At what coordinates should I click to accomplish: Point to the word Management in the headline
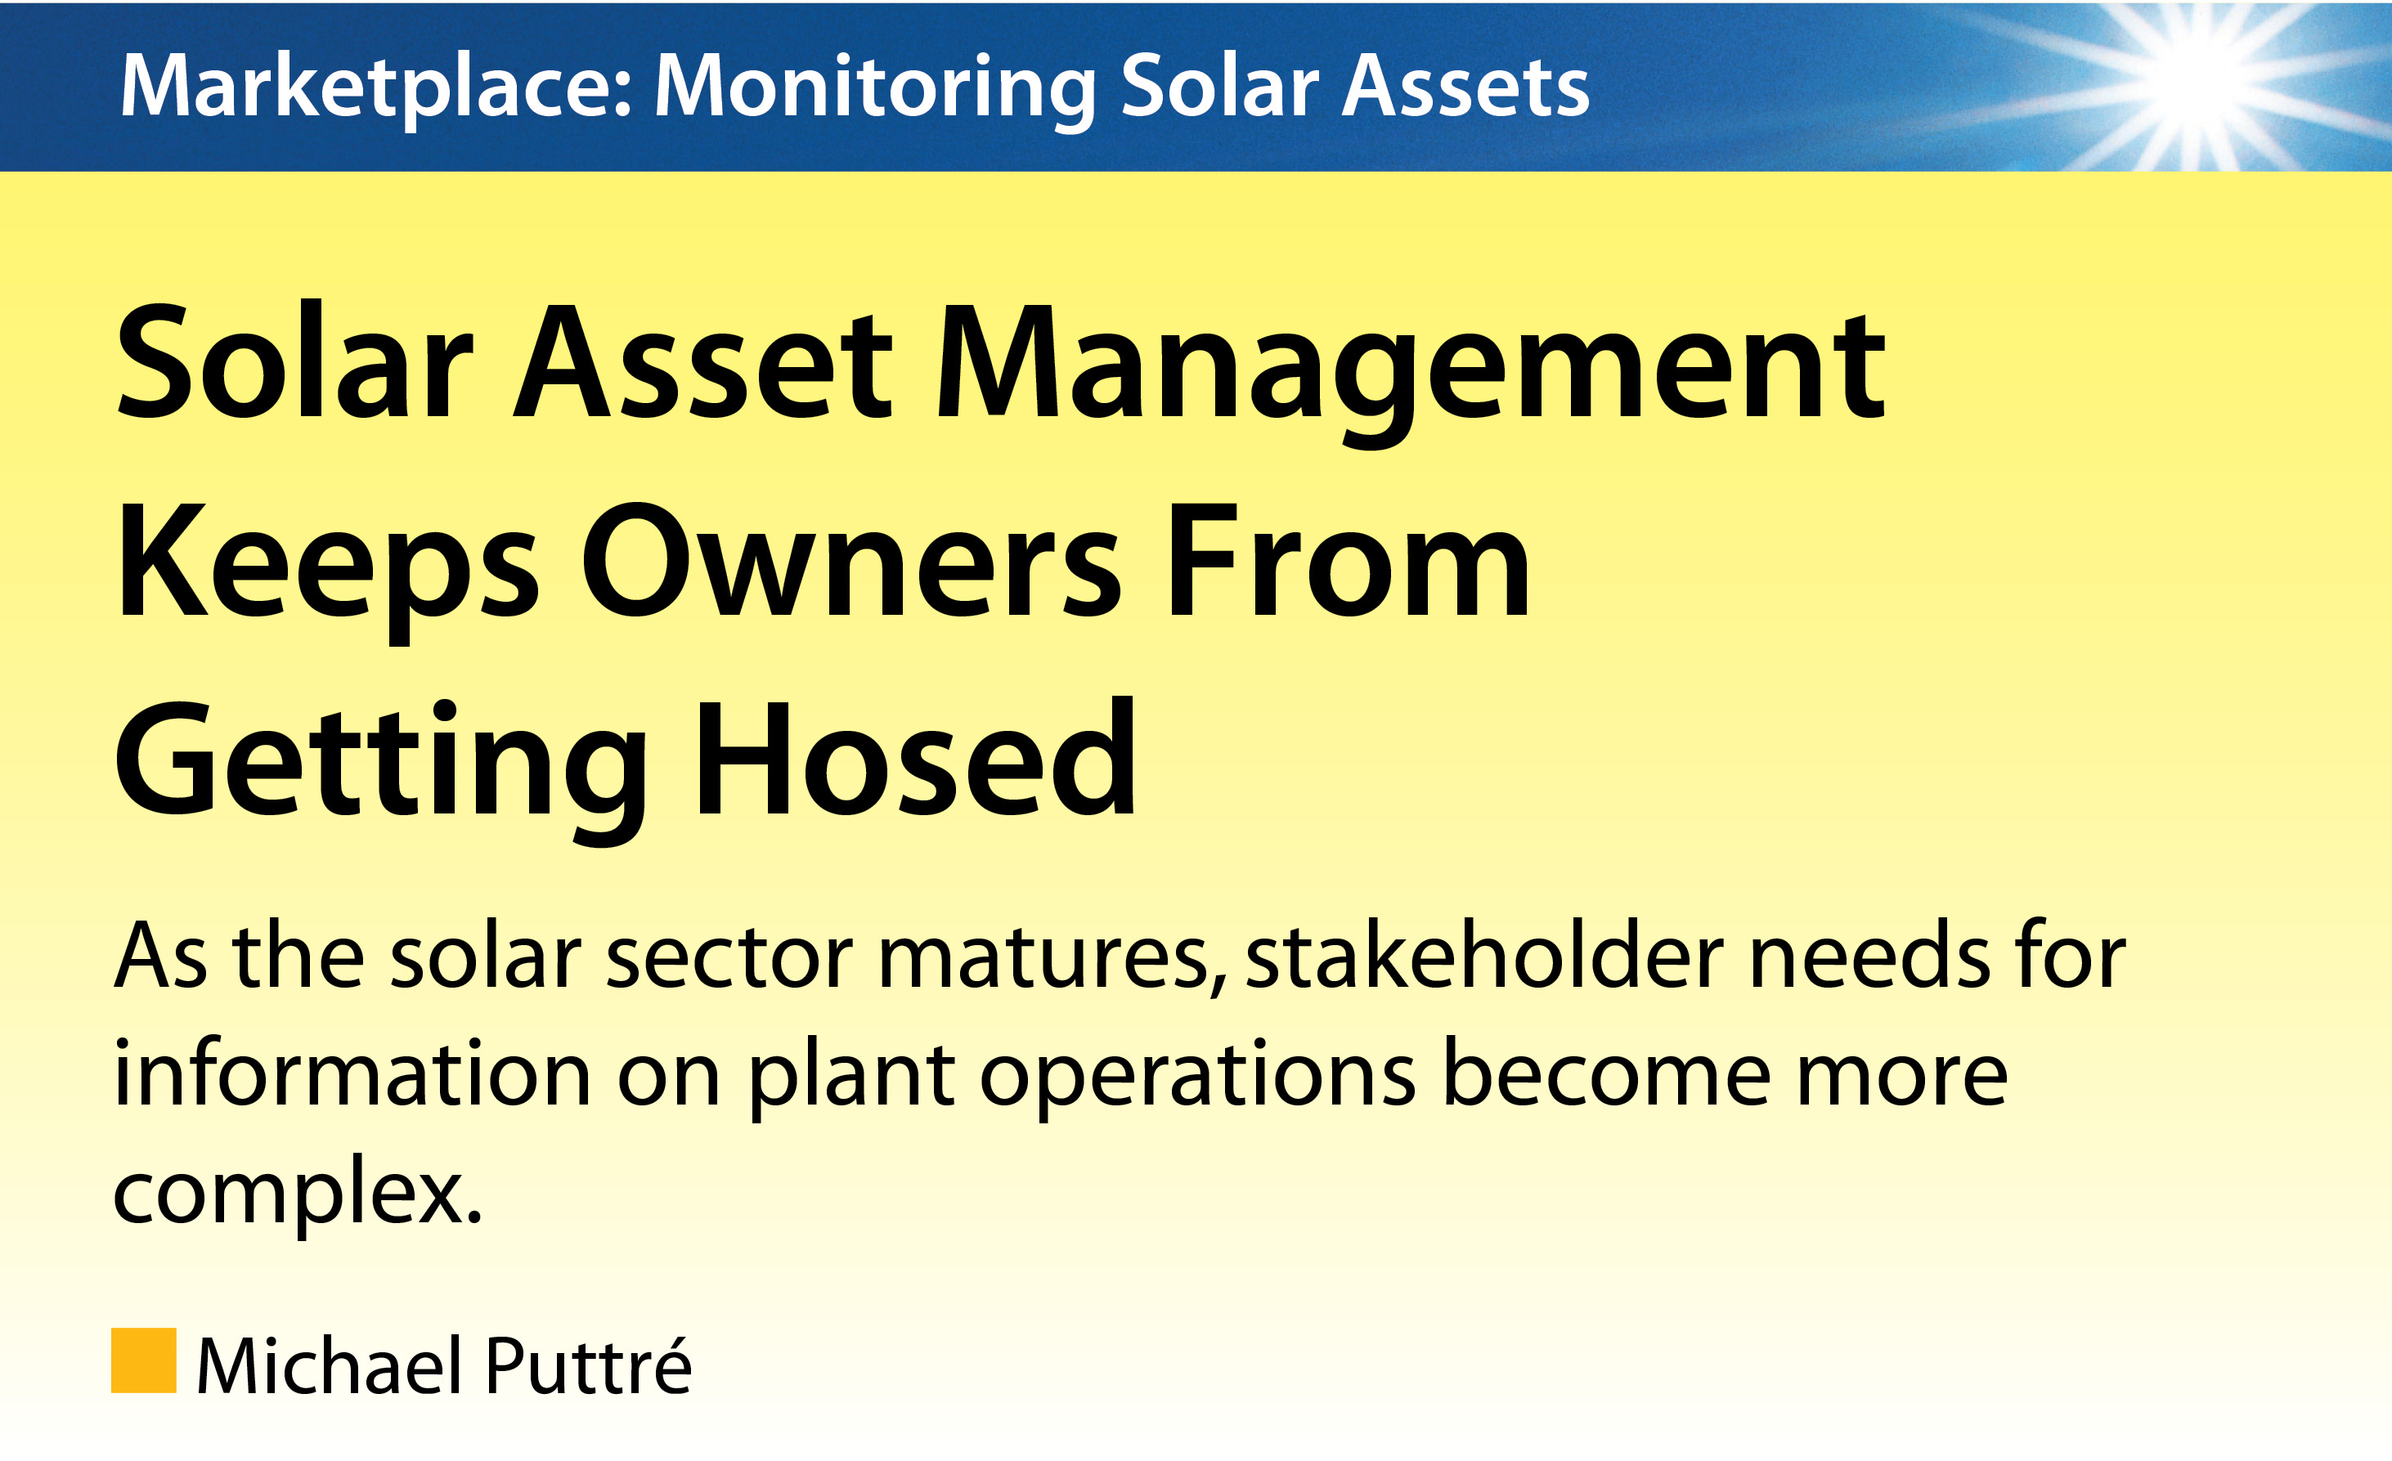click(1411, 373)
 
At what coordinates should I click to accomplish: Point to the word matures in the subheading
click(1052, 961)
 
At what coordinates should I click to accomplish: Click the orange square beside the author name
click(144, 1360)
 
